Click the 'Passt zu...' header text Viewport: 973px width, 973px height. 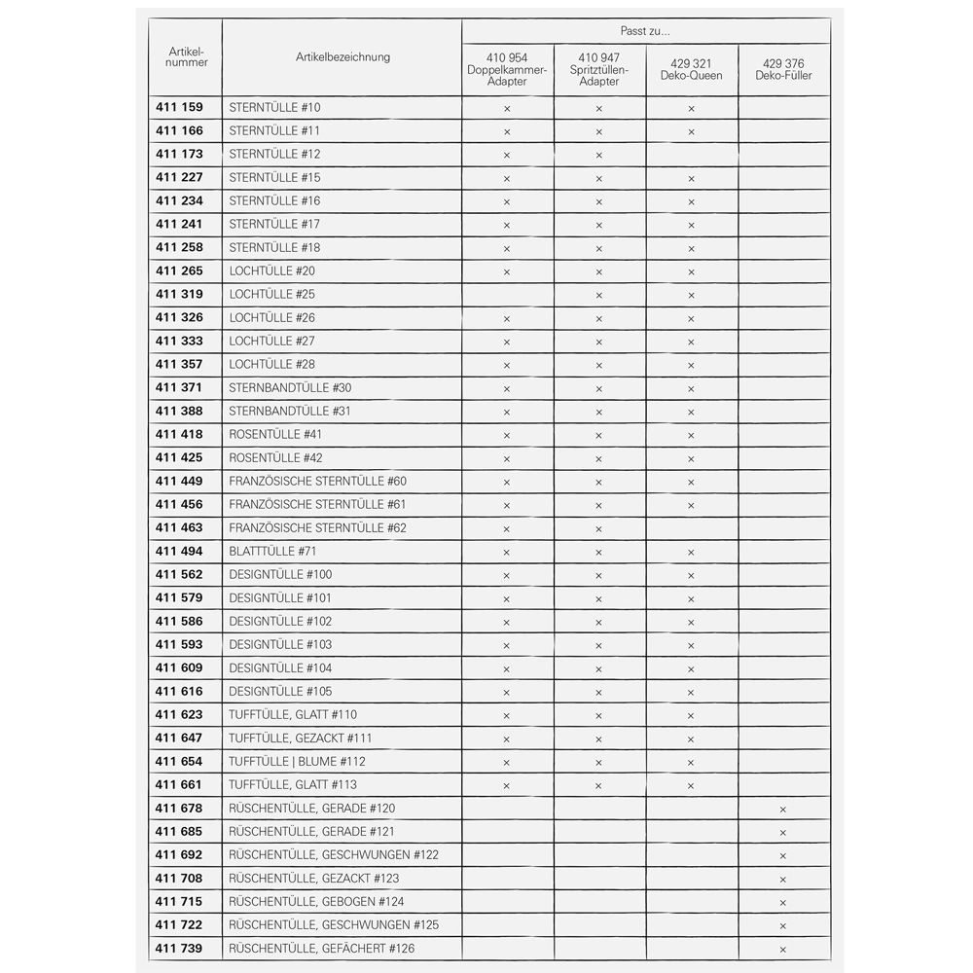[x=645, y=32]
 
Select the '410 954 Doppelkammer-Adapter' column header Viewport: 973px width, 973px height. [x=507, y=70]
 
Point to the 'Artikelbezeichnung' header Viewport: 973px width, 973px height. [x=342, y=57]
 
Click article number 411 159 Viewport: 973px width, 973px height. [x=179, y=108]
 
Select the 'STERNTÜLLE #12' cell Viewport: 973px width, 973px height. [x=274, y=155]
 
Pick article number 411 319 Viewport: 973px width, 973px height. [x=179, y=295]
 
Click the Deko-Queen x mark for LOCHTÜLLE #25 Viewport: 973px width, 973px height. [x=691, y=296]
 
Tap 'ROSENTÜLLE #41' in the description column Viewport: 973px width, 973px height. [x=275, y=435]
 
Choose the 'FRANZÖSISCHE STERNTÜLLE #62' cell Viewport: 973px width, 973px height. [x=317, y=528]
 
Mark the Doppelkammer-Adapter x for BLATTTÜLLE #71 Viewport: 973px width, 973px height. [x=507, y=553]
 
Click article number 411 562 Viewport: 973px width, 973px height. [x=179, y=575]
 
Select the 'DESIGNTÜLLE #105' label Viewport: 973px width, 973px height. [x=280, y=692]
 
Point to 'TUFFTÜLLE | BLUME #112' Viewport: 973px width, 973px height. [x=297, y=762]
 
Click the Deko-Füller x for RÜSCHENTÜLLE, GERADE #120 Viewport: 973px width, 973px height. [x=782, y=810]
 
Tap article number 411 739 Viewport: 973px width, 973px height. [x=179, y=949]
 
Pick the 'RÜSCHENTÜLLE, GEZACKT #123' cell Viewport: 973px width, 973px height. [x=314, y=879]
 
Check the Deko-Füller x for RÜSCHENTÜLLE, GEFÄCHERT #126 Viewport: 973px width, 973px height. [x=782, y=950]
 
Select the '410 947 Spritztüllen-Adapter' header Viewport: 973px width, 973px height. [x=598, y=70]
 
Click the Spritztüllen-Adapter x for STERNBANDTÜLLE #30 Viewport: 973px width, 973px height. [x=598, y=389]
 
